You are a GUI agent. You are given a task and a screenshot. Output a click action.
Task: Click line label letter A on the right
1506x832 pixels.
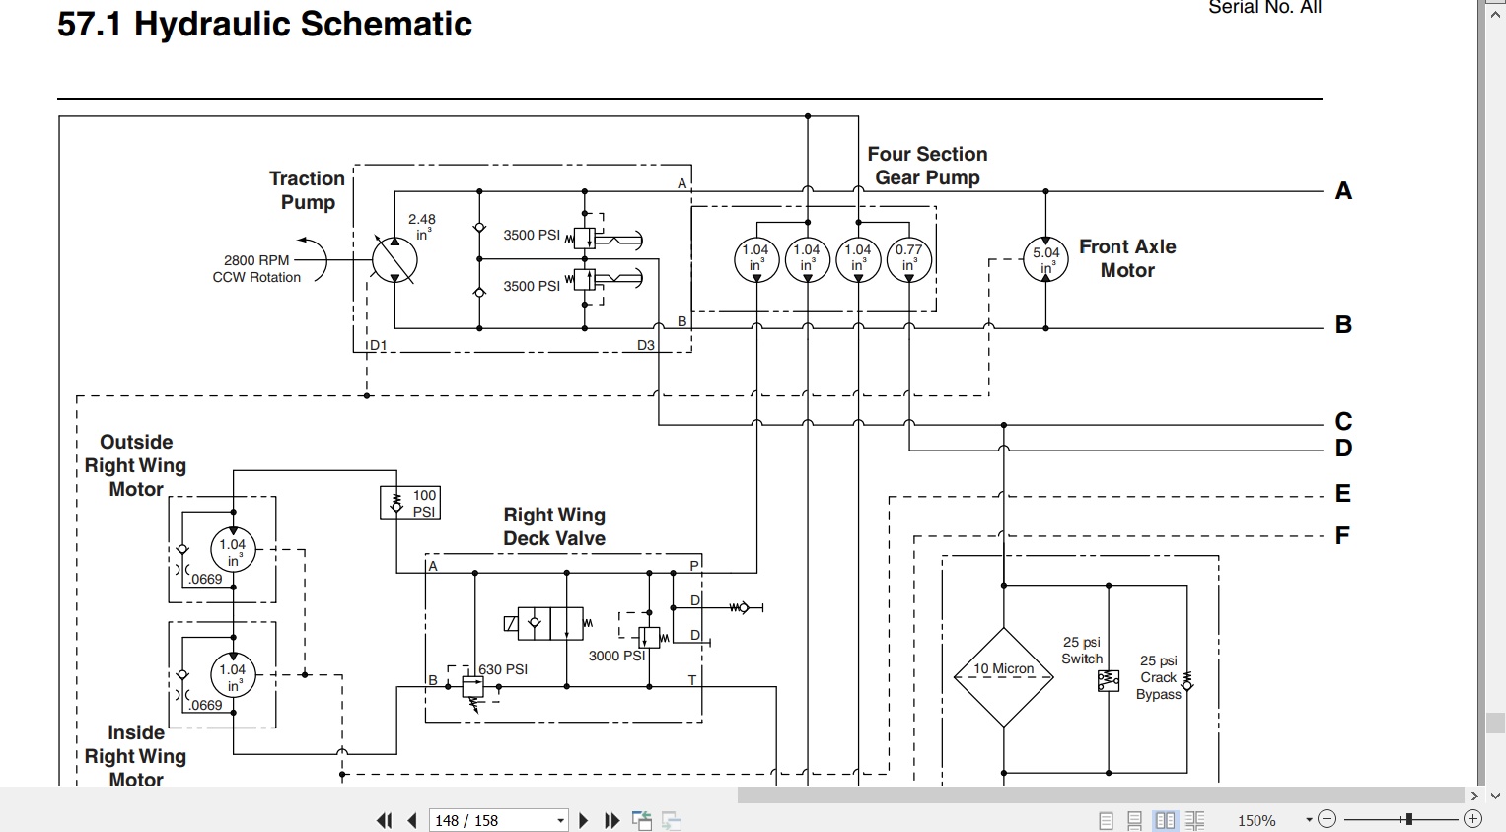pos(1343,191)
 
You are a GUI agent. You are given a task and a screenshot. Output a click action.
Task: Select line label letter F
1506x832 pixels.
pos(1342,535)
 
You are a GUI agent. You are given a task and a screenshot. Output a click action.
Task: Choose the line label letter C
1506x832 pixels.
pos(1343,421)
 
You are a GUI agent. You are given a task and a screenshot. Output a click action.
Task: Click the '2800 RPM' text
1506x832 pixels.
pos(256,260)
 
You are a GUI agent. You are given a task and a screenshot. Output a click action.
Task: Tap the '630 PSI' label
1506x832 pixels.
pos(503,669)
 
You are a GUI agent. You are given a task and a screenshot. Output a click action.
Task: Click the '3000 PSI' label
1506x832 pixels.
pos(616,656)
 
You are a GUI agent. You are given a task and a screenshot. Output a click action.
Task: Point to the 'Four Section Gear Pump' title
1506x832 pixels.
pos(927,166)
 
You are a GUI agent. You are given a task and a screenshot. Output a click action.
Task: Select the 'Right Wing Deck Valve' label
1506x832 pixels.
pos(554,526)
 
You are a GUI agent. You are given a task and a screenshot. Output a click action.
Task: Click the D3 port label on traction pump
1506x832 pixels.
pos(645,345)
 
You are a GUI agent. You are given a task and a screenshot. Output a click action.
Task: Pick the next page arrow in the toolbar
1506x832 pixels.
pos(583,820)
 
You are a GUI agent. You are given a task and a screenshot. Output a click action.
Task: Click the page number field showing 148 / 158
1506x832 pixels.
pos(498,820)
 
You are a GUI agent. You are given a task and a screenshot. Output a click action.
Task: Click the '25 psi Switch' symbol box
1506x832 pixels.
pos(1108,681)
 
